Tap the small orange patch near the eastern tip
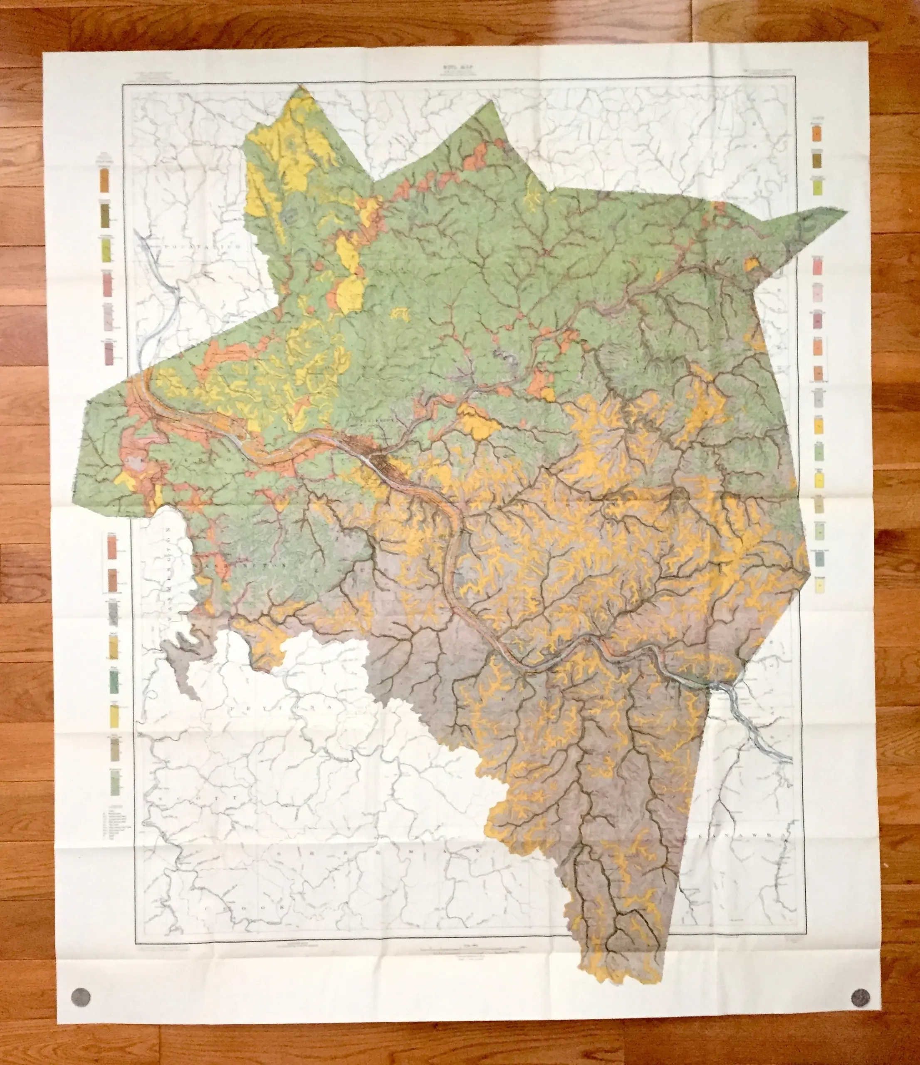[x=752, y=264]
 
